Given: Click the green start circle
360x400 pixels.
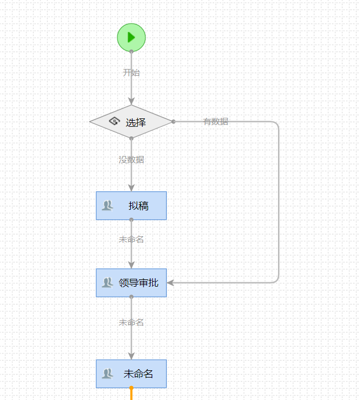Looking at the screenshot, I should click(131, 37).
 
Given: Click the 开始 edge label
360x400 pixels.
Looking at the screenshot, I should click(131, 72).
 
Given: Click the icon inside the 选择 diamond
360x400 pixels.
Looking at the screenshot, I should click(114, 121).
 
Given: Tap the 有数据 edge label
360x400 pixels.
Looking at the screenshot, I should click(216, 121).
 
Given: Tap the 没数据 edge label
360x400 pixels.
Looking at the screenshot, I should click(131, 159).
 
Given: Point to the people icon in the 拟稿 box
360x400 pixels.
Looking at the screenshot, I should click(107, 205).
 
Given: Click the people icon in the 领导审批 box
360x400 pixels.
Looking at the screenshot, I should click(107, 283).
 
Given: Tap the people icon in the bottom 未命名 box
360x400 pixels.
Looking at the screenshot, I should click(107, 374).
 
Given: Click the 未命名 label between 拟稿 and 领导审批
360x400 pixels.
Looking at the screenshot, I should click(131, 240).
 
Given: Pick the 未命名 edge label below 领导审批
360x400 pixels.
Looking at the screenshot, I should click(131, 323).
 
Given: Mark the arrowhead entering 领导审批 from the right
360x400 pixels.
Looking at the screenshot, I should click(171, 283).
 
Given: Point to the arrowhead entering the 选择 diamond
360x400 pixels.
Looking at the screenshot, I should click(131, 100).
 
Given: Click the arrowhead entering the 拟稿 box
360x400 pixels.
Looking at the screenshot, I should click(131, 187).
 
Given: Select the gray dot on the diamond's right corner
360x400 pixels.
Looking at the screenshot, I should click(174, 121).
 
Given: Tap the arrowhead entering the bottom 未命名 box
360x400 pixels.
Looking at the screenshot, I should click(131, 355).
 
